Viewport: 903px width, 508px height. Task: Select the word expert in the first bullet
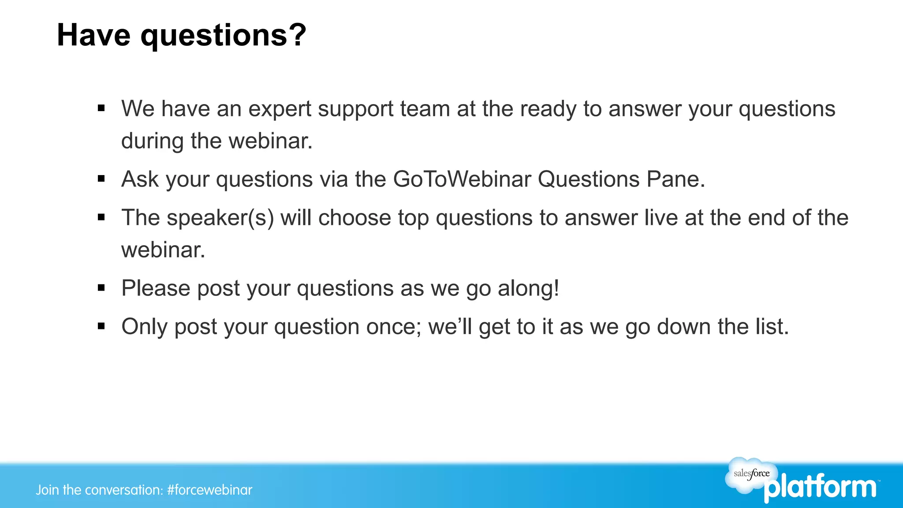280,109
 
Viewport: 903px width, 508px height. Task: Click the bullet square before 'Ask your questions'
101,179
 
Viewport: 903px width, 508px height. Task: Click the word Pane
675,179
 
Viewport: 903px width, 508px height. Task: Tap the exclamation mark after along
556,288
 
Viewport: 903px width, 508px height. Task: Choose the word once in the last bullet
394,327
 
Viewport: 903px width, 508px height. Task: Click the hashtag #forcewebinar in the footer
210,490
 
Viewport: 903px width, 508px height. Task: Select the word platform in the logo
820,488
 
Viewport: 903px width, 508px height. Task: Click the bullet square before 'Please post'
101,288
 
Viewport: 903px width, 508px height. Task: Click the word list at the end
772,327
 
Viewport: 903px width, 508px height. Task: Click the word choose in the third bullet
354,218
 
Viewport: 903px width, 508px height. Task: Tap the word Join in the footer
47,490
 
